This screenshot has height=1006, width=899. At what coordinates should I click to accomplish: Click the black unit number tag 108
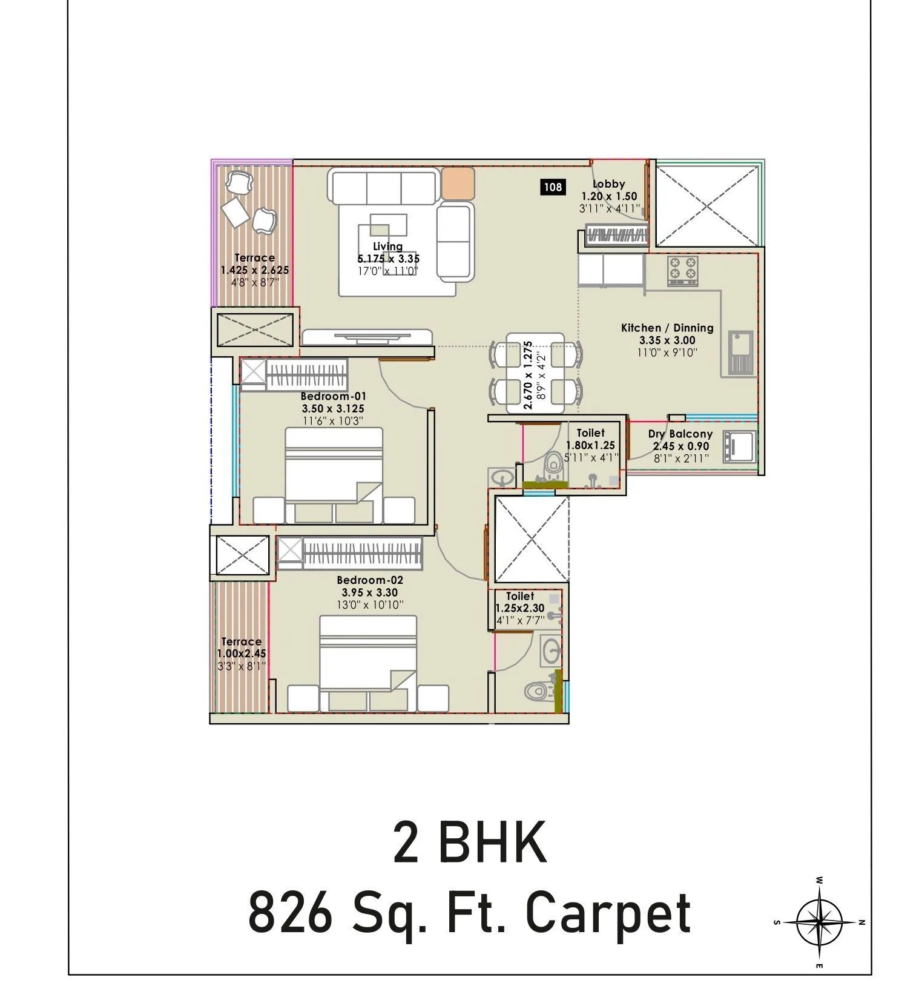coord(552,187)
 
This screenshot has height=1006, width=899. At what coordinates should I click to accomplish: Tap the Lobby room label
coord(608,184)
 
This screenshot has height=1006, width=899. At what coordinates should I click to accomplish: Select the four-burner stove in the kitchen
coord(682,271)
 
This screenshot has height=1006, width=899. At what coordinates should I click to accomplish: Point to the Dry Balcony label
coord(680,434)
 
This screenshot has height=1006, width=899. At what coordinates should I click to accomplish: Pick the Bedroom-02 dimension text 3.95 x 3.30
coord(369,592)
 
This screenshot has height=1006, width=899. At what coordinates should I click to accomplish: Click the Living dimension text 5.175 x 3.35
coord(387,259)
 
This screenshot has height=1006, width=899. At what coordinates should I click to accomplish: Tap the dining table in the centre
coord(535,373)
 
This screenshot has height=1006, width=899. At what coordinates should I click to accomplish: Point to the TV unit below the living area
coord(366,337)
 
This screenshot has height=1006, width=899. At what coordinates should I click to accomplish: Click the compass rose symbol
coord(818,921)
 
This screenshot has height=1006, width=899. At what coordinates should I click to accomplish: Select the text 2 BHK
coord(469,842)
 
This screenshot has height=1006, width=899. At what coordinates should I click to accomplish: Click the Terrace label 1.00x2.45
coord(241,654)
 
